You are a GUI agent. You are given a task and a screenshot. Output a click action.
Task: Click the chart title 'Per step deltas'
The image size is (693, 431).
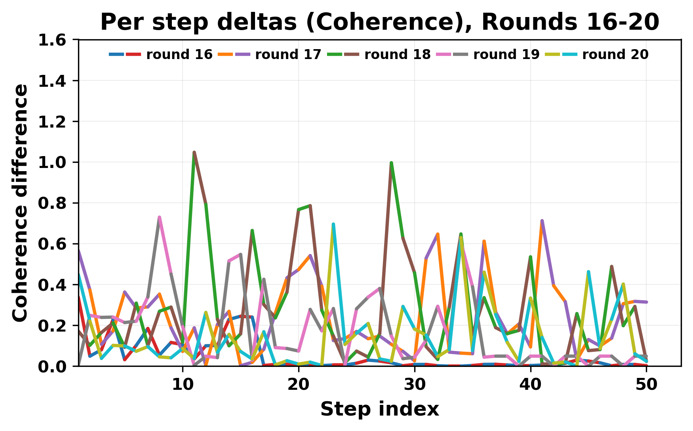tap(379, 22)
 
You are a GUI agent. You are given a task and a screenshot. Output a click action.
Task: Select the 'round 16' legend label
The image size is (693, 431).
tap(179, 55)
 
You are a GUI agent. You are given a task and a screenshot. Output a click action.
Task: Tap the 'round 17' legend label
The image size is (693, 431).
tap(288, 55)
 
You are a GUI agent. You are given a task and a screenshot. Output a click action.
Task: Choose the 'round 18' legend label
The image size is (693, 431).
tap(397, 55)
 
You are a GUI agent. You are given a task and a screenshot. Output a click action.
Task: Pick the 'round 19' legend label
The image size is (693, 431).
tap(506, 55)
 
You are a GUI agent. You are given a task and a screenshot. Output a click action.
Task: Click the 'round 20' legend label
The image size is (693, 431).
tap(615, 55)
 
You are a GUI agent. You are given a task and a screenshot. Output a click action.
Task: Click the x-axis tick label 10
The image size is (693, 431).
tap(183, 385)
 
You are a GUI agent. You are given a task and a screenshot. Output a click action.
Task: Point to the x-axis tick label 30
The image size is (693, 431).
tap(415, 385)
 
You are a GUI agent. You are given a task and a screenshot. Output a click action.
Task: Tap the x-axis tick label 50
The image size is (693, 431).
tap(646, 385)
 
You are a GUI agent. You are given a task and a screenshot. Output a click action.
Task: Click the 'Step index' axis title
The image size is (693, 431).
tap(379, 409)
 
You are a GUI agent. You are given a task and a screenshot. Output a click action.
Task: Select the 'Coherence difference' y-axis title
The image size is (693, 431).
tap(21, 203)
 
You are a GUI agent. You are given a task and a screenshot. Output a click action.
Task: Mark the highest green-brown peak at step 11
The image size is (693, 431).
tap(194, 153)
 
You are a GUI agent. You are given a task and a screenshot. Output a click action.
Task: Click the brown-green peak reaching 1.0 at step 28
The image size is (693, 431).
tap(391, 163)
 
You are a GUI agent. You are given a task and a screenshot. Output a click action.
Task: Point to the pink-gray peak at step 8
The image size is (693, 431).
tap(159, 217)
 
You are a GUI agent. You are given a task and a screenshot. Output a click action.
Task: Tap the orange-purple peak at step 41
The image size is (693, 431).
tap(542, 221)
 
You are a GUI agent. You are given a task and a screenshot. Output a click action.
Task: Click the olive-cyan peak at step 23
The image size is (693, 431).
tap(333, 225)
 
